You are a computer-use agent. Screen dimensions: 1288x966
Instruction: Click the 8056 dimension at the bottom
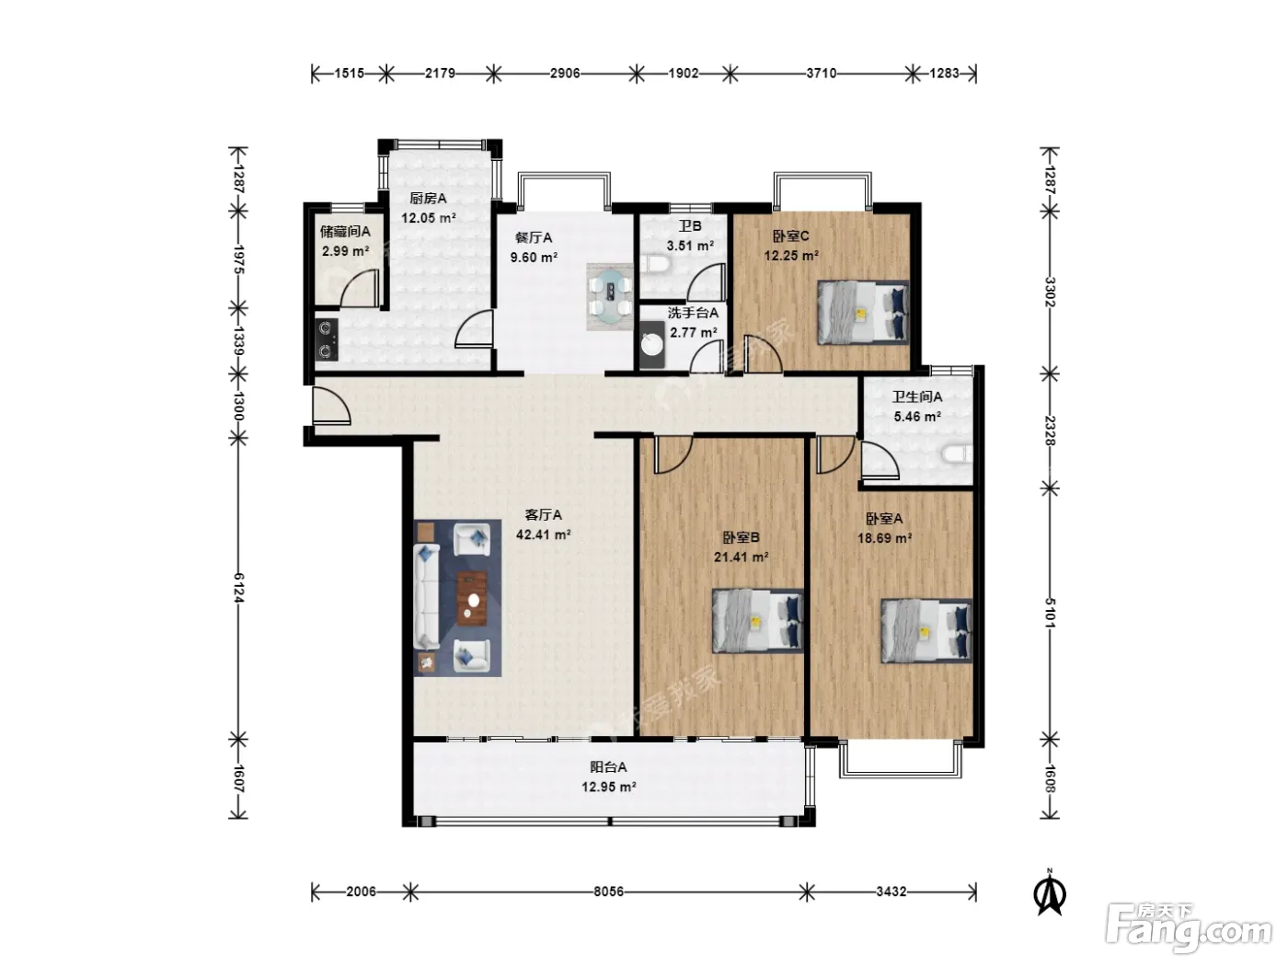[608, 892]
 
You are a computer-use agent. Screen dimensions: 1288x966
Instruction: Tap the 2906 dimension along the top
[565, 74]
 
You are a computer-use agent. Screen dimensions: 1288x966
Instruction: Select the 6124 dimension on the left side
[238, 588]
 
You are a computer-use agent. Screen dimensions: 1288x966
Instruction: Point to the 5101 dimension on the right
[1050, 613]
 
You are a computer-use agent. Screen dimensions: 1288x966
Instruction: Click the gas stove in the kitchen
[327, 339]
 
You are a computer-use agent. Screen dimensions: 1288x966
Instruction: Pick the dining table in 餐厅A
[610, 297]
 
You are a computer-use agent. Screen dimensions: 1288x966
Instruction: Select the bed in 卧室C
[863, 312]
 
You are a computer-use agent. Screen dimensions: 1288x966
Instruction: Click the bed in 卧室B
[757, 620]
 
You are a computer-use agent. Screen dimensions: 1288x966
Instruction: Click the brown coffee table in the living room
[472, 598]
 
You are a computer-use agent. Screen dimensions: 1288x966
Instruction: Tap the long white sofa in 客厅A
[427, 596]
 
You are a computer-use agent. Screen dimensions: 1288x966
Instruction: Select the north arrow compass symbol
[1050, 892]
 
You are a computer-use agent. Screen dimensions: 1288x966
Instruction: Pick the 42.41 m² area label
[544, 535]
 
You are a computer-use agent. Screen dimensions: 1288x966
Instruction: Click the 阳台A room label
[608, 766]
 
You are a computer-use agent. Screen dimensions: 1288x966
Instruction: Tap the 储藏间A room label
[345, 232]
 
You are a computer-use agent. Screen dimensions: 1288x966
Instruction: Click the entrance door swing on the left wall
[331, 406]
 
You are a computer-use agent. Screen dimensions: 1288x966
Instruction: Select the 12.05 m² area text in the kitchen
[429, 218]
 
